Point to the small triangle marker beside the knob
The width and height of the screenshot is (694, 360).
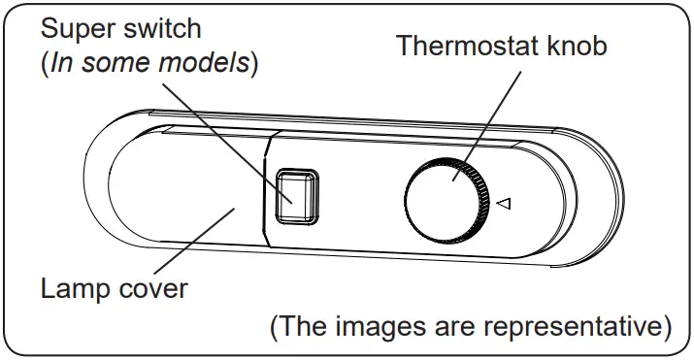[503, 204]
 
